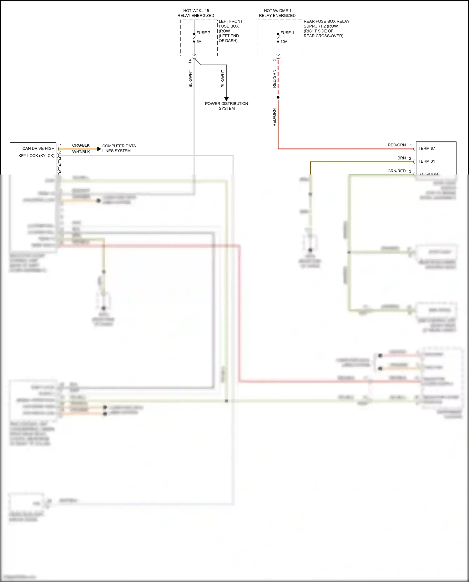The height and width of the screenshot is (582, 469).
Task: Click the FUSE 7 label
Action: [203, 33]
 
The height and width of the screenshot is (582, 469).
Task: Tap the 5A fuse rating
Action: [199, 42]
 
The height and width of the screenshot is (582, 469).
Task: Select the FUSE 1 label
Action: [287, 33]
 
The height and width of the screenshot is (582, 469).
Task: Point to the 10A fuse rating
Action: [284, 42]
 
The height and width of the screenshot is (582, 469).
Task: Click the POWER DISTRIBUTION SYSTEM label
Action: [226, 106]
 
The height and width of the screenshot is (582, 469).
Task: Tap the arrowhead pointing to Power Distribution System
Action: [226, 99]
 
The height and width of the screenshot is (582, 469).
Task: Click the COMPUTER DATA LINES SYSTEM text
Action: [119, 148]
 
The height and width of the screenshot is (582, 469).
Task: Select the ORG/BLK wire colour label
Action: [81, 145]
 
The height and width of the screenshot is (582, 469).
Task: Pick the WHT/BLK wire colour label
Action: [81, 152]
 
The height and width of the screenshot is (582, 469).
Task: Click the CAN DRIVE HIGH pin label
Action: [38, 149]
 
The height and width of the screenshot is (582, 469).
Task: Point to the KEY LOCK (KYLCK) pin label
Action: [36, 156]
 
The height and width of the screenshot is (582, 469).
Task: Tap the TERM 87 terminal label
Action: [426, 149]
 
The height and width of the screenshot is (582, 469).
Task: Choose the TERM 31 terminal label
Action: [426, 161]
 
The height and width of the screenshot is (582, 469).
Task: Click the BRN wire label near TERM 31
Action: [401, 158]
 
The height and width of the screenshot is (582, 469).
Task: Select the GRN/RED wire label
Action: [396, 171]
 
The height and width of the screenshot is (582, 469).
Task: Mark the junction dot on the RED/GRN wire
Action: [278, 97]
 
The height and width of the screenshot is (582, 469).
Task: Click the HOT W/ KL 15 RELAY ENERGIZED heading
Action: [196, 13]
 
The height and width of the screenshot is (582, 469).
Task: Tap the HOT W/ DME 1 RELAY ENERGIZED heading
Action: [277, 13]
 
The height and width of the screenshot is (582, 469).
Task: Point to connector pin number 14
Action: [190, 61]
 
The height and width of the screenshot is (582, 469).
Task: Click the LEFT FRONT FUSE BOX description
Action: [230, 31]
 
